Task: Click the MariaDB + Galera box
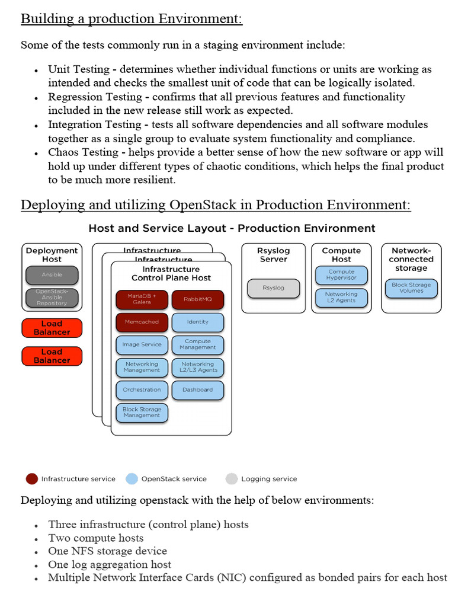(142, 299)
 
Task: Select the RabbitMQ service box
(198, 299)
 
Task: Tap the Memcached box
(142, 322)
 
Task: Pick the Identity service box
(198, 322)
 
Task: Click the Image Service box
(142, 344)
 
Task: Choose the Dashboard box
(198, 389)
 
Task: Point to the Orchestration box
(142, 389)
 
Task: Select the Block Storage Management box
(142, 412)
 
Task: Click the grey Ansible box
(52, 275)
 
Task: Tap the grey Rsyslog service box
(273, 288)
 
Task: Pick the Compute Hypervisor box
(341, 275)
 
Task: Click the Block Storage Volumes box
(412, 288)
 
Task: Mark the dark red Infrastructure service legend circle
(32, 478)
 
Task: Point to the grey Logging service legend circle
(232, 478)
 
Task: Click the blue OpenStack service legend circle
(132, 478)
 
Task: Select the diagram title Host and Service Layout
(232, 228)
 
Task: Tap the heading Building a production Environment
(132, 19)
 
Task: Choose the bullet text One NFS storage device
(108, 551)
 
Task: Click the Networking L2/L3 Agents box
(198, 367)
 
